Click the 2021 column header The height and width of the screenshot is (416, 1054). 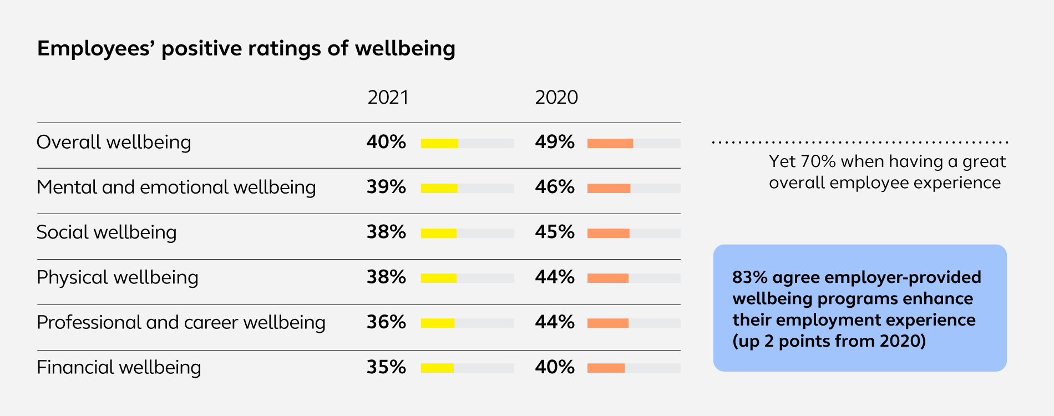pyautogui.click(x=388, y=98)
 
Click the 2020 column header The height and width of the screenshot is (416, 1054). pyautogui.click(x=556, y=98)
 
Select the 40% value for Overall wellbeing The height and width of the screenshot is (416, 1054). pyautogui.click(x=386, y=142)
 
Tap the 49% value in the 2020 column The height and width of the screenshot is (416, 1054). pyautogui.click(x=555, y=142)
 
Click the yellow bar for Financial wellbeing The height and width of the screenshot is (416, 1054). pyautogui.click(x=437, y=368)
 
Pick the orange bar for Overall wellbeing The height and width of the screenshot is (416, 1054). pyautogui.click(x=610, y=143)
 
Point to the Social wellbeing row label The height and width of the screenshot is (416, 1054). pyautogui.click(x=107, y=232)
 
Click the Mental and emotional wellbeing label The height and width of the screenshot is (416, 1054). pyautogui.click(x=176, y=187)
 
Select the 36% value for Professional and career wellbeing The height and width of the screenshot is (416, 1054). pyautogui.click(x=386, y=322)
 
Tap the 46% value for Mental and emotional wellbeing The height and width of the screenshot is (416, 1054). pyautogui.click(x=555, y=187)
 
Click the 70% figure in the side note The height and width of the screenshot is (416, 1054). pyautogui.click(x=818, y=161)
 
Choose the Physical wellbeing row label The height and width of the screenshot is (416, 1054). pyautogui.click(x=117, y=277)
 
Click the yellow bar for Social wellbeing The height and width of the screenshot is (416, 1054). pyautogui.click(x=438, y=233)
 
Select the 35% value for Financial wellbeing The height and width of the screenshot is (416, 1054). pyautogui.click(x=386, y=367)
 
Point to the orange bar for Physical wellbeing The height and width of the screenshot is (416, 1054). pyautogui.click(x=608, y=278)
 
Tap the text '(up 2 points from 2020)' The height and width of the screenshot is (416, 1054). pyautogui.click(x=829, y=341)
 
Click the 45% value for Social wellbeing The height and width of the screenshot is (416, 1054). pyautogui.click(x=555, y=232)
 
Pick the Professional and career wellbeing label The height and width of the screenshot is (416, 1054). pyautogui.click(x=181, y=322)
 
